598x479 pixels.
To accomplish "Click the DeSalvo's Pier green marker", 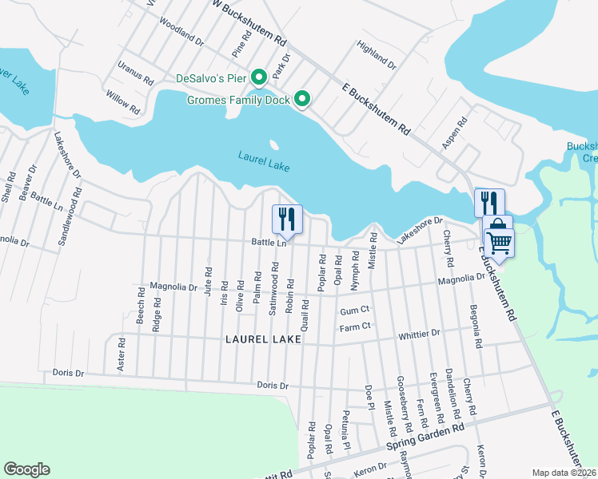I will [259, 78].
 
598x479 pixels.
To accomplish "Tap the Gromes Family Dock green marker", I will [302, 99].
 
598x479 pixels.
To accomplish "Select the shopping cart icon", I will [499, 240].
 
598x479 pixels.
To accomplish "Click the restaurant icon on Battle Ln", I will [287, 218].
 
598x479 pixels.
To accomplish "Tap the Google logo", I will [26, 469].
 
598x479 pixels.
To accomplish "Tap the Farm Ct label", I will [354, 326].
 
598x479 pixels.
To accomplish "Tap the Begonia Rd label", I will [477, 328].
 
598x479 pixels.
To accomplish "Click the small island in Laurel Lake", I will [274, 146].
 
